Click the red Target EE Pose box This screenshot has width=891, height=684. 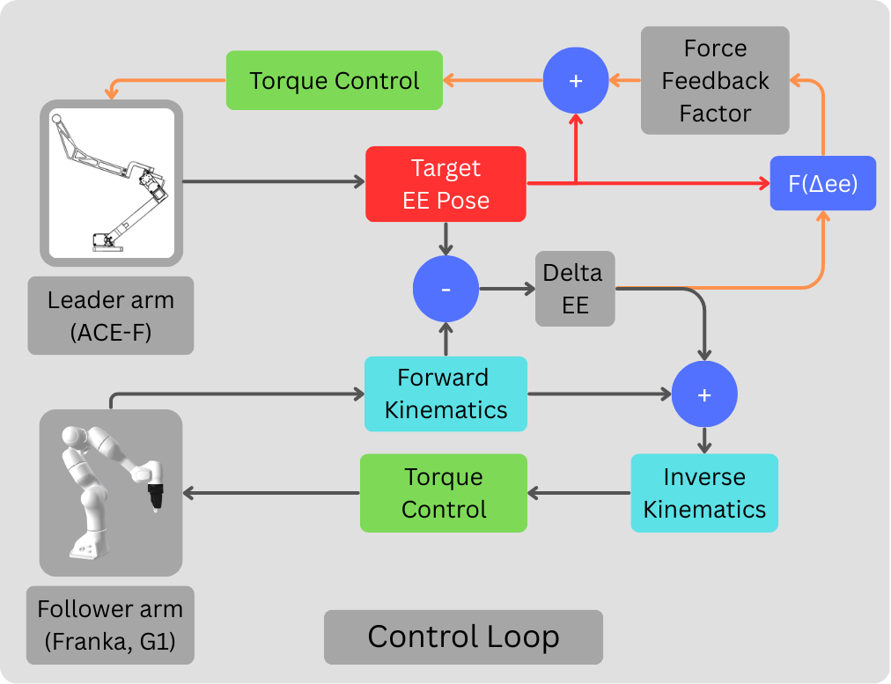pos(445,184)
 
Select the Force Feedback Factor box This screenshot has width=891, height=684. pos(715,80)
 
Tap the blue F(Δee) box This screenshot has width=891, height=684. pos(822,183)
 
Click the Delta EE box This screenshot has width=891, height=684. pos(574,289)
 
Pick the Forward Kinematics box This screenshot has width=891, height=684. pos(445,393)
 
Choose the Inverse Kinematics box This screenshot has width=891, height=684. pos(704,493)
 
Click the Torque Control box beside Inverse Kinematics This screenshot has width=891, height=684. pos(444,493)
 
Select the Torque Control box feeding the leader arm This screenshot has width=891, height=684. pos(335,80)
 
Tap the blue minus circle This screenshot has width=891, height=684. pos(445,289)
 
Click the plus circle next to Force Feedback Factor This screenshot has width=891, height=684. pos(576,80)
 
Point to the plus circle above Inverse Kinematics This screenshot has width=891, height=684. pos(704,395)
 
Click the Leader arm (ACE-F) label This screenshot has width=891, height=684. pos(111,315)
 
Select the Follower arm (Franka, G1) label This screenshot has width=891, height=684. pos(110,625)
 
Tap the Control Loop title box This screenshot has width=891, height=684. pos(463,636)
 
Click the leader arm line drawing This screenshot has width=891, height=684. pos(111,182)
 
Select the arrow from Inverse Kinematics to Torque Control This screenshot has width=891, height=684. pos(579,493)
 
